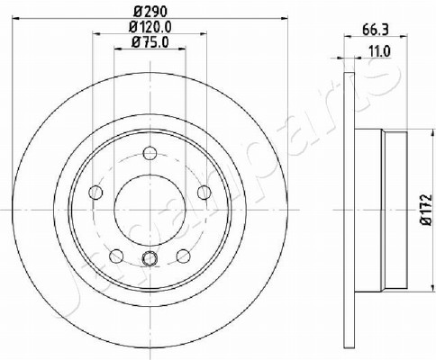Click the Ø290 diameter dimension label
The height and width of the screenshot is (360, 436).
tap(150, 12)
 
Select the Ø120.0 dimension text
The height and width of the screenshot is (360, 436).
tap(150, 27)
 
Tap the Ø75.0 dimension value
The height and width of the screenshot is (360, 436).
tap(150, 42)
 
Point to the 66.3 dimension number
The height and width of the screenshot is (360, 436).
tap(376, 30)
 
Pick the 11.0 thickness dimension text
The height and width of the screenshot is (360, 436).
tap(379, 52)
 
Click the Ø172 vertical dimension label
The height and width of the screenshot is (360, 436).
tap(426, 210)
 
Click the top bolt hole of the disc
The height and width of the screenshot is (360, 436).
tap(150, 153)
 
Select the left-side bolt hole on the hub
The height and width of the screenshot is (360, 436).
tap(95, 193)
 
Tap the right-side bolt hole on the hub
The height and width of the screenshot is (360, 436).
tap(204, 193)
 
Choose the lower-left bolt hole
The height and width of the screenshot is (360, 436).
tap(116, 256)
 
